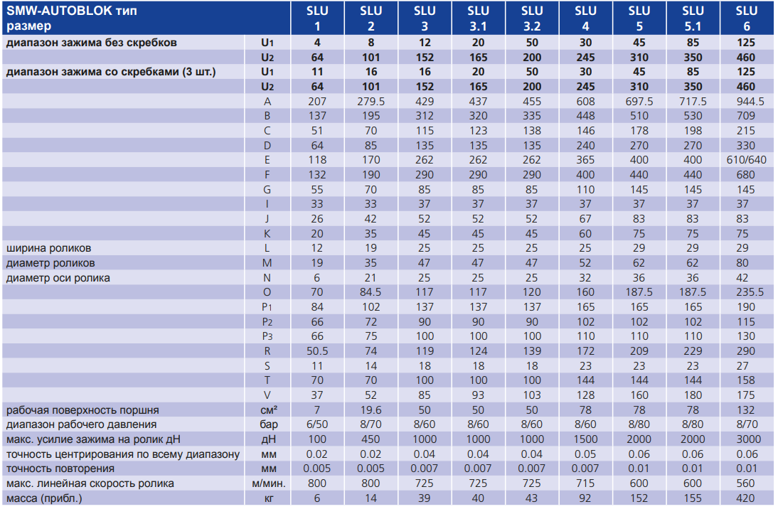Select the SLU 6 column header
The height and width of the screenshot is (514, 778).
tap(746, 18)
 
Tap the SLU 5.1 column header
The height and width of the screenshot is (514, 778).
tap(693, 18)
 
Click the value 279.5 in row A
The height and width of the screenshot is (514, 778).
tap(371, 102)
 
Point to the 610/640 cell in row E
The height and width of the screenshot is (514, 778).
tap(746, 160)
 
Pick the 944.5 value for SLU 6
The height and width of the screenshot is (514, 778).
tap(746, 102)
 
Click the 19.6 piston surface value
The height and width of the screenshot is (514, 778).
tap(371, 410)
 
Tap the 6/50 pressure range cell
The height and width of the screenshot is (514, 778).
tap(317, 425)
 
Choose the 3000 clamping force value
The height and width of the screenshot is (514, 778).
tap(746, 439)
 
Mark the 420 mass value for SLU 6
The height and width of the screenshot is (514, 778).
tap(746, 498)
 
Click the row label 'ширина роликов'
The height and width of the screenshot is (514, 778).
tap(49, 248)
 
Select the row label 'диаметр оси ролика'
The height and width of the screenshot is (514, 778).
tap(58, 278)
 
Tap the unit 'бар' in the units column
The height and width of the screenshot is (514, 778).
tap(267, 425)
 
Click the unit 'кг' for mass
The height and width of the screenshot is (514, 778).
tap(267, 498)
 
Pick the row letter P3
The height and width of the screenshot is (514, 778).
tap(267, 336)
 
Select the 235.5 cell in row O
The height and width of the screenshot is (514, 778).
tap(746, 292)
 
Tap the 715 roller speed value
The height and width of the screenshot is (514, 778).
tap(585, 483)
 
